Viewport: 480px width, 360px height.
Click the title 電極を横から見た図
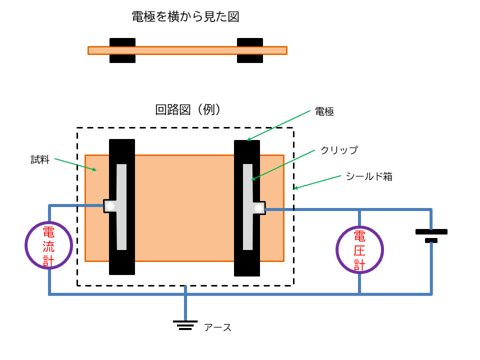pyautogui.click(x=185, y=17)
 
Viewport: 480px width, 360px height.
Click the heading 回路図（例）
pyautogui.click(x=188, y=110)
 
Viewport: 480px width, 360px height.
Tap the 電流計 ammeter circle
pyautogui.click(x=49, y=245)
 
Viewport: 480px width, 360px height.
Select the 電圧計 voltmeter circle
pyautogui.click(x=359, y=249)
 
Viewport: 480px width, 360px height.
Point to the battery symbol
pyautogui.click(x=431, y=235)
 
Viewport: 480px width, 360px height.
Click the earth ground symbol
pyautogui.click(x=185, y=325)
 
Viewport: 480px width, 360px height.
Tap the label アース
pyautogui.click(x=217, y=327)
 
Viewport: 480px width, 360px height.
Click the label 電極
pyautogui.click(x=324, y=112)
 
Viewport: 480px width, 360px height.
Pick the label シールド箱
pyautogui.click(x=369, y=176)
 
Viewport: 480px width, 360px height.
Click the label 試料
pyautogui.click(x=40, y=160)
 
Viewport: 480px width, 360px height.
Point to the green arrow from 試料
pyautogui.click(x=75, y=164)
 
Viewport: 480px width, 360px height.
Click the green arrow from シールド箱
pyautogui.click(x=317, y=182)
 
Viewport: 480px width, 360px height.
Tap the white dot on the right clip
pyautogui.click(x=258, y=208)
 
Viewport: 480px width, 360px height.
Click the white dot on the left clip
pyautogui.click(x=110, y=205)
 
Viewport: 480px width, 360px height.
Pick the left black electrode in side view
pyautogui.click(x=122, y=50)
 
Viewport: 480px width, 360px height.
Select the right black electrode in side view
pyautogui.click(x=250, y=50)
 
